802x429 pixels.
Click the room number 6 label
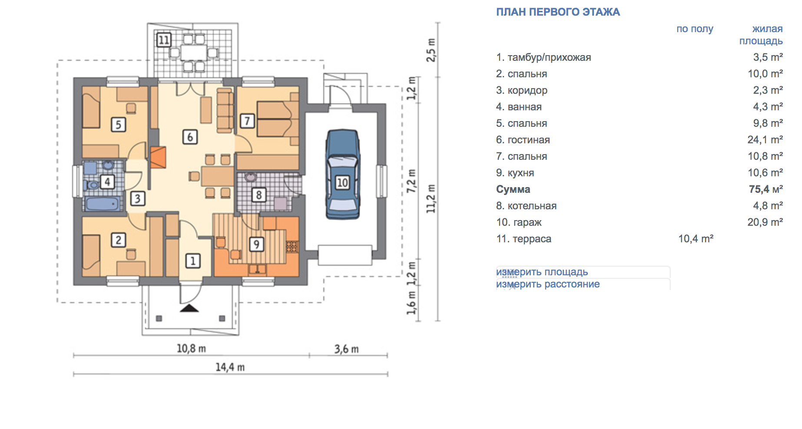click(x=190, y=137)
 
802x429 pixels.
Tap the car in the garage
click(x=343, y=174)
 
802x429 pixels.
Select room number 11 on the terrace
click(x=164, y=40)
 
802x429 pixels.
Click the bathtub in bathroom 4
click(x=103, y=204)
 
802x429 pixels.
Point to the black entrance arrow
click(x=189, y=308)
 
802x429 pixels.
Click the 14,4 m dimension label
click(x=230, y=367)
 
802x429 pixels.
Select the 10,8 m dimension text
click(x=191, y=349)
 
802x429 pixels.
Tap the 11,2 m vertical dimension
click(x=431, y=198)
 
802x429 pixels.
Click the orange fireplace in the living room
click(x=158, y=157)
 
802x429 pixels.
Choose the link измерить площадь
click(x=542, y=272)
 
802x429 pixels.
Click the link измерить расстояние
click(x=548, y=284)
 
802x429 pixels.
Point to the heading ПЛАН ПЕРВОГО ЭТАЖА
click(x=558, y=12)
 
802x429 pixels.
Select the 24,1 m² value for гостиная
click(x=765, y=140)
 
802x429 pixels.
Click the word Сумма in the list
click(x=513, y=189)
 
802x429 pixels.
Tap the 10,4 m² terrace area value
click(x=696, y=239)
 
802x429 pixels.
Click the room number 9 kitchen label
click(x=256, y=244)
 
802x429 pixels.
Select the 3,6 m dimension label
click(x=347, y=349)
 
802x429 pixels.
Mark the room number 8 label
click(x=259, y=195)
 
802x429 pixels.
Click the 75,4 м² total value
click(x=766, y=189)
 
